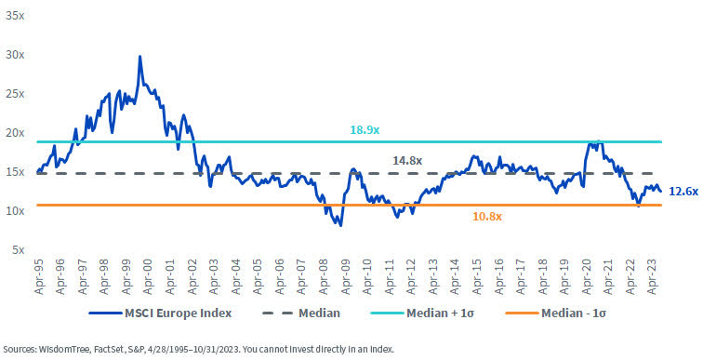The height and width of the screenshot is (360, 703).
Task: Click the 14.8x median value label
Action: tap(405, 160)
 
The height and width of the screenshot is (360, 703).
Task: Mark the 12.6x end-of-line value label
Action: tap(683, 191)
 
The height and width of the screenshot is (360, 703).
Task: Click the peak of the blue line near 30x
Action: tap(139, 57)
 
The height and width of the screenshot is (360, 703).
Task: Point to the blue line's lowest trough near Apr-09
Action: tap(340, 225)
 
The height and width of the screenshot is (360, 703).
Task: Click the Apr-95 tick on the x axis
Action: tap(39, 272)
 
